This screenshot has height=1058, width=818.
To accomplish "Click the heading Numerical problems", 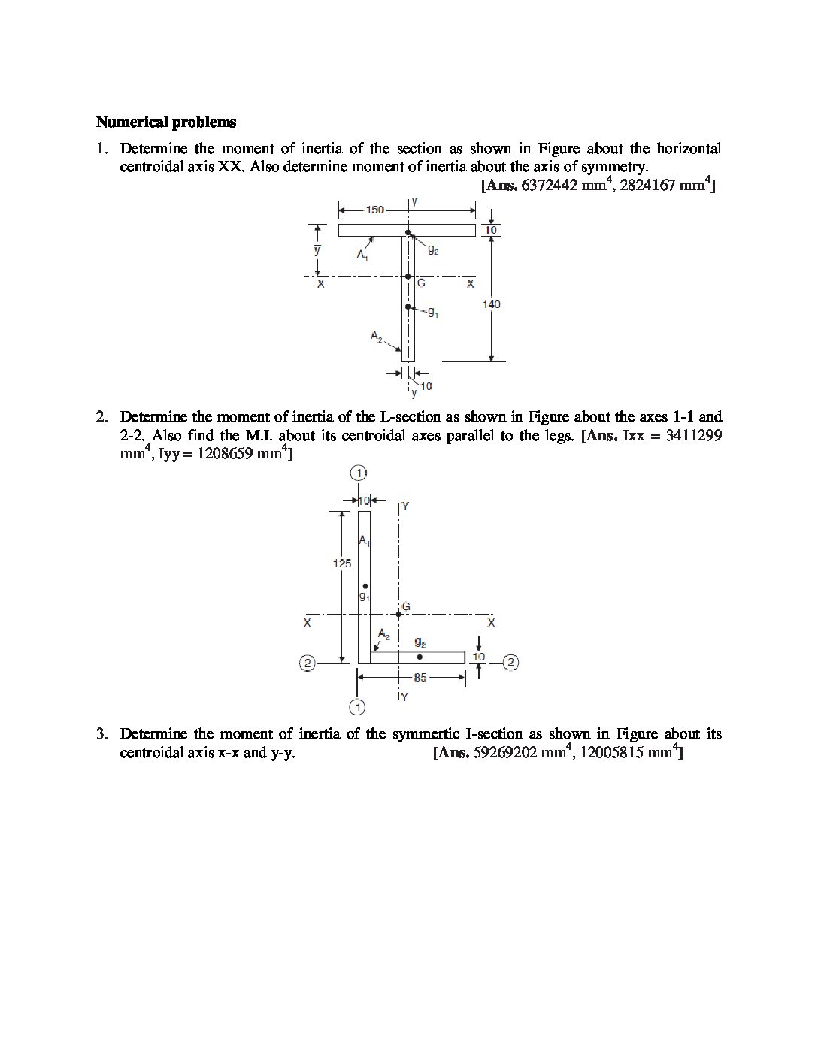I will (166, 122).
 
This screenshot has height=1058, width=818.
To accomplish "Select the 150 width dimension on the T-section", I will (375, 210).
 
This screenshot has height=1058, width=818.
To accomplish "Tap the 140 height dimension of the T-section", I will (492, 304).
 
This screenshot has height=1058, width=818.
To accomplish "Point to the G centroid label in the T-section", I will (421, 283).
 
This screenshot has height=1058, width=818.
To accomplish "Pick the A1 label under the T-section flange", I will (363, 255).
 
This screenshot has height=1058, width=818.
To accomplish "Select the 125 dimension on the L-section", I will (342, 564).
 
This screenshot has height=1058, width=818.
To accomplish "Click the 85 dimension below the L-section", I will (420, 677).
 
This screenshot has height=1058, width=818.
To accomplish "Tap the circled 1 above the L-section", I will (359, 473).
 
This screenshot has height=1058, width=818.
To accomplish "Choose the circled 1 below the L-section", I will (358, 706).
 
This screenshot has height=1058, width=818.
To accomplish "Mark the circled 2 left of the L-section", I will (307, 663).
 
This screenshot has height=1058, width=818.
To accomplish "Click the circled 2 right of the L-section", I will (510, 662).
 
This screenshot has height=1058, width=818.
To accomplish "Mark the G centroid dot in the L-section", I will (398, 614).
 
